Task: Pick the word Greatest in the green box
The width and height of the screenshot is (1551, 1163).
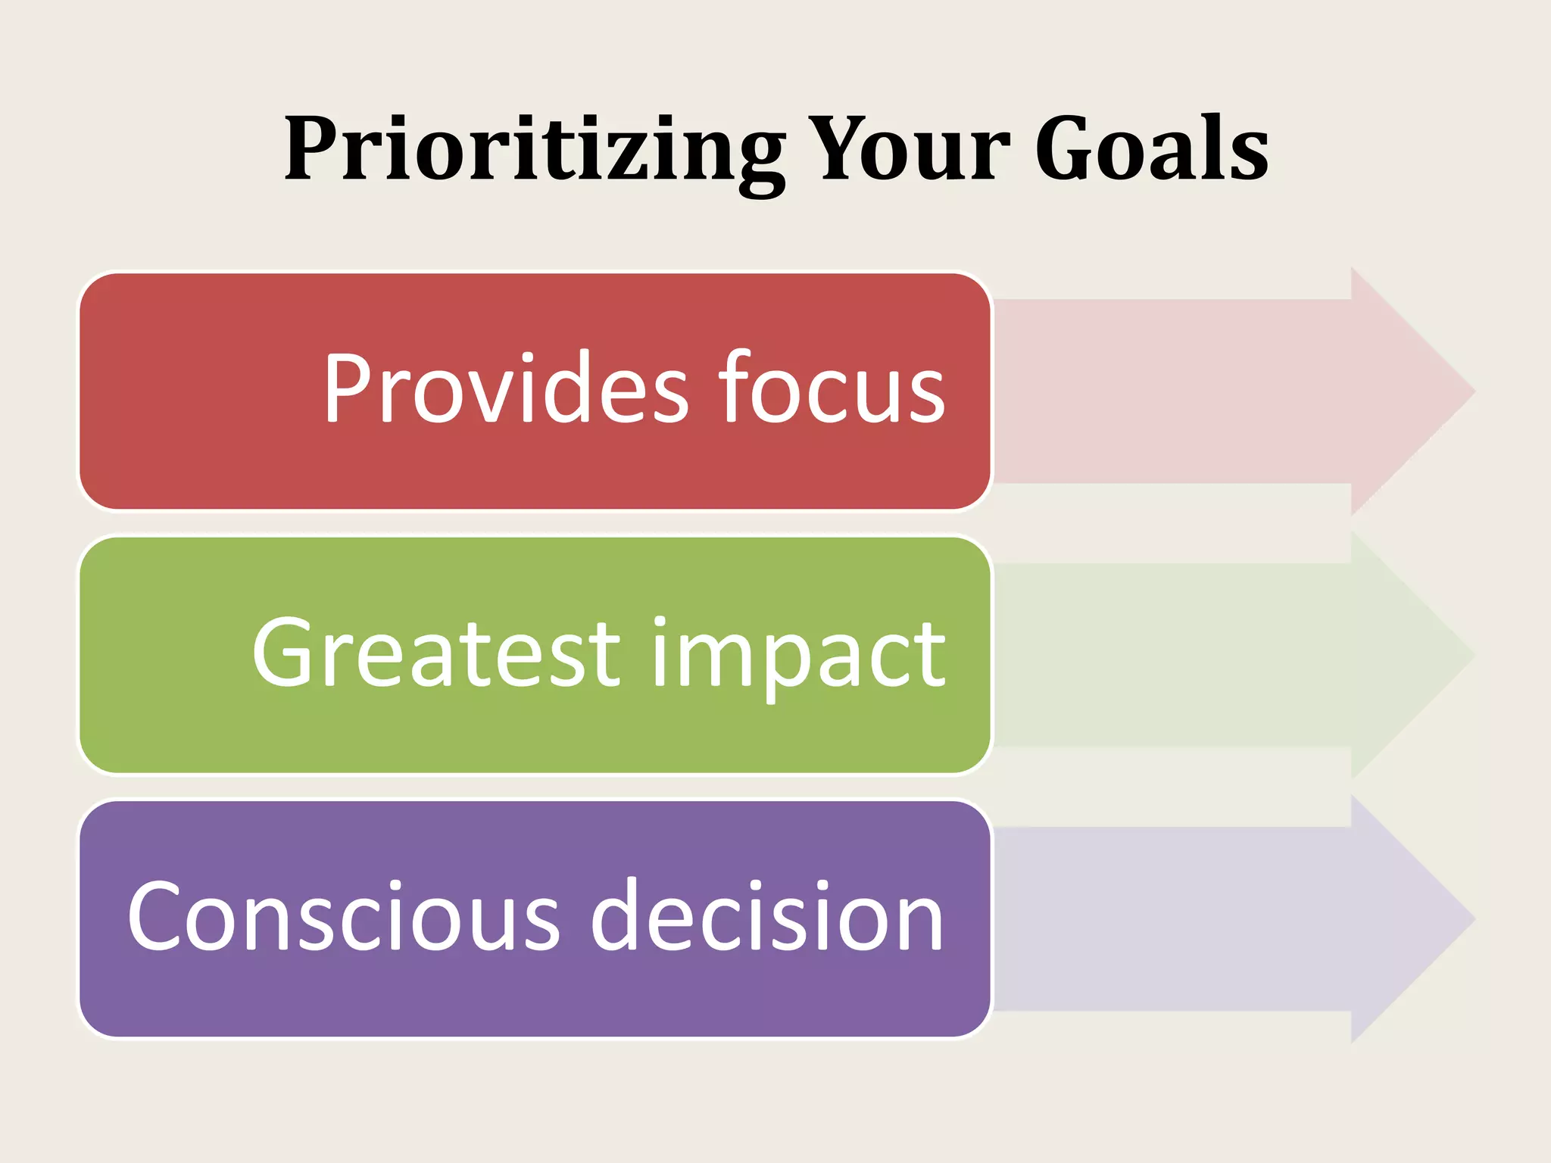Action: pyautogui.click(x=436, y=653)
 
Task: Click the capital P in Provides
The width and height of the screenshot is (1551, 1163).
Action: pyautogui.click(x=347, y=388)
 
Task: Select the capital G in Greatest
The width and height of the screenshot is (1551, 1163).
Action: pyautogui.click(x=288, y=653)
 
